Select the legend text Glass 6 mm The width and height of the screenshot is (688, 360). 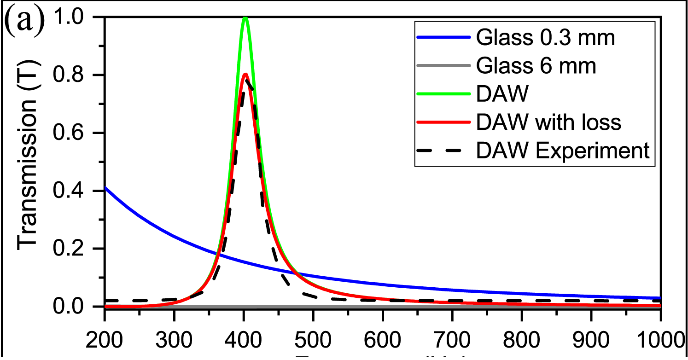pos(536,66)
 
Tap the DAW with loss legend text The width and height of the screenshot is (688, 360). pos(549,122)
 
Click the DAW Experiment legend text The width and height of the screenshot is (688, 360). pos(563,151)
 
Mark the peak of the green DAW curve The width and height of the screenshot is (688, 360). pos(245,18)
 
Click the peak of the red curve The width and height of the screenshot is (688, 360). pos(245,74)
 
